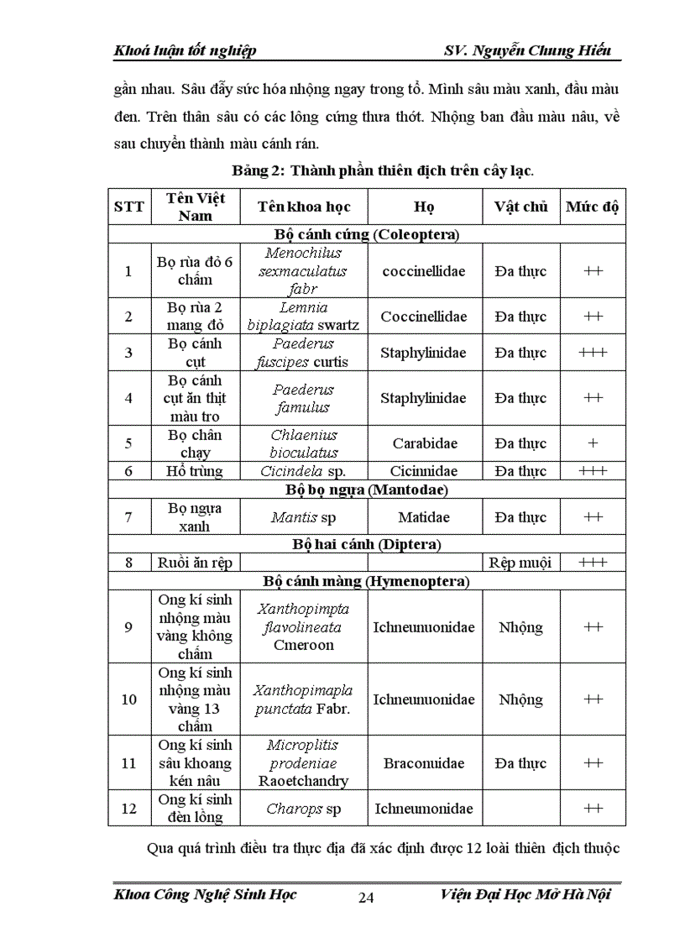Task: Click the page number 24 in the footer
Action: tap(366, 898)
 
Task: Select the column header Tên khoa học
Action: tap(304, 207)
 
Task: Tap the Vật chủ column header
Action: tap(520, 207)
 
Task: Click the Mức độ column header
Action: tap(593, 207)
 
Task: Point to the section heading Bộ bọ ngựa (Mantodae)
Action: tap(366, 489)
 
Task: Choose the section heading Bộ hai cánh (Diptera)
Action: tap(366, 544)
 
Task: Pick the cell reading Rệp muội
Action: tap(520, 563)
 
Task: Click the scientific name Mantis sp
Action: tap(303, 517)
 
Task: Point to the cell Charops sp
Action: tap(304, 809)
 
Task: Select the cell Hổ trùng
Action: tap(195, 471)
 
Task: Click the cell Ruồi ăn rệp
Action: tap(195, 563)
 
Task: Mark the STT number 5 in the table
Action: tap(128, 443)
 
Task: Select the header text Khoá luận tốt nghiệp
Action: tap(185, 50)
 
